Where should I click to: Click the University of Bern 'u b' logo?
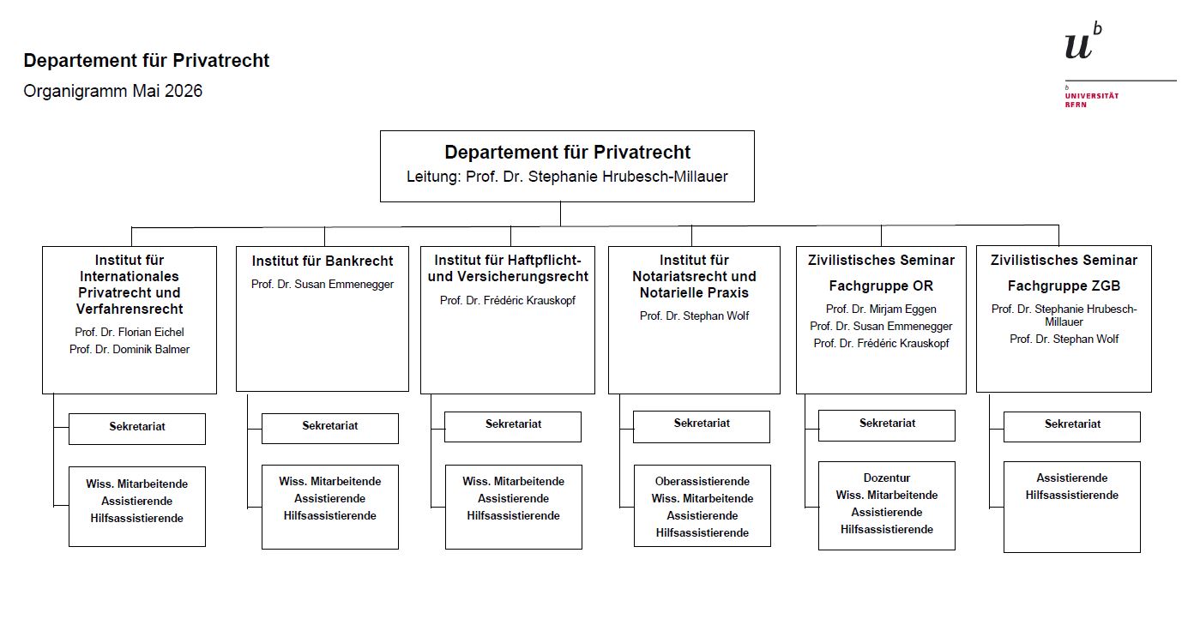tap(1083, 40)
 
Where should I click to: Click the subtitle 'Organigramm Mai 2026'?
tap(113, 91)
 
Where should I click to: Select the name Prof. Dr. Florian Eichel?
tap(130, 333)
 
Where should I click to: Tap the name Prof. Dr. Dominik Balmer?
tap(130, 350)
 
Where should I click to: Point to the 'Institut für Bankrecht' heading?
tap(323, 261)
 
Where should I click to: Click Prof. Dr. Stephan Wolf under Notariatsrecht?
tap(695, 315)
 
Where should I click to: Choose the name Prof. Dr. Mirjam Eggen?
tap(881, 309)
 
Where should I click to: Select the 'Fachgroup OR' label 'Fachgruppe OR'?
tap(881, 286)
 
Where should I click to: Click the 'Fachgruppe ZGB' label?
tap(1064, 286)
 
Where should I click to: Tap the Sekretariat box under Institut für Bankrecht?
tap(330, 428)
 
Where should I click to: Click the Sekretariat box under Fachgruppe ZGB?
tap(1072, 427)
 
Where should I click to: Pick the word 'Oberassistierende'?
tap(703, 482)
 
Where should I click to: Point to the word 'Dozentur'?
tap(887, 478)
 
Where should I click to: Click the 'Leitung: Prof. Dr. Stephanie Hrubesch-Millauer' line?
tap(567, 177)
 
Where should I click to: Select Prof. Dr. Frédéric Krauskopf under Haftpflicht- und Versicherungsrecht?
tap(508, 300)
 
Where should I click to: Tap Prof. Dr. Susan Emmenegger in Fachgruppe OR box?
tap(881, 326)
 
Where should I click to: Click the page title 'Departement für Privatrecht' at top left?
tap(147, 61)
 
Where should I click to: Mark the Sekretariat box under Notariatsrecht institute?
tap(702, 427)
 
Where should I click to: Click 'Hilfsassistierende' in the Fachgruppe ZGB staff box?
tap(1072, 496)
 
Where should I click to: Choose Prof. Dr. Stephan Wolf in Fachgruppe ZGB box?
tap(1064, 340)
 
